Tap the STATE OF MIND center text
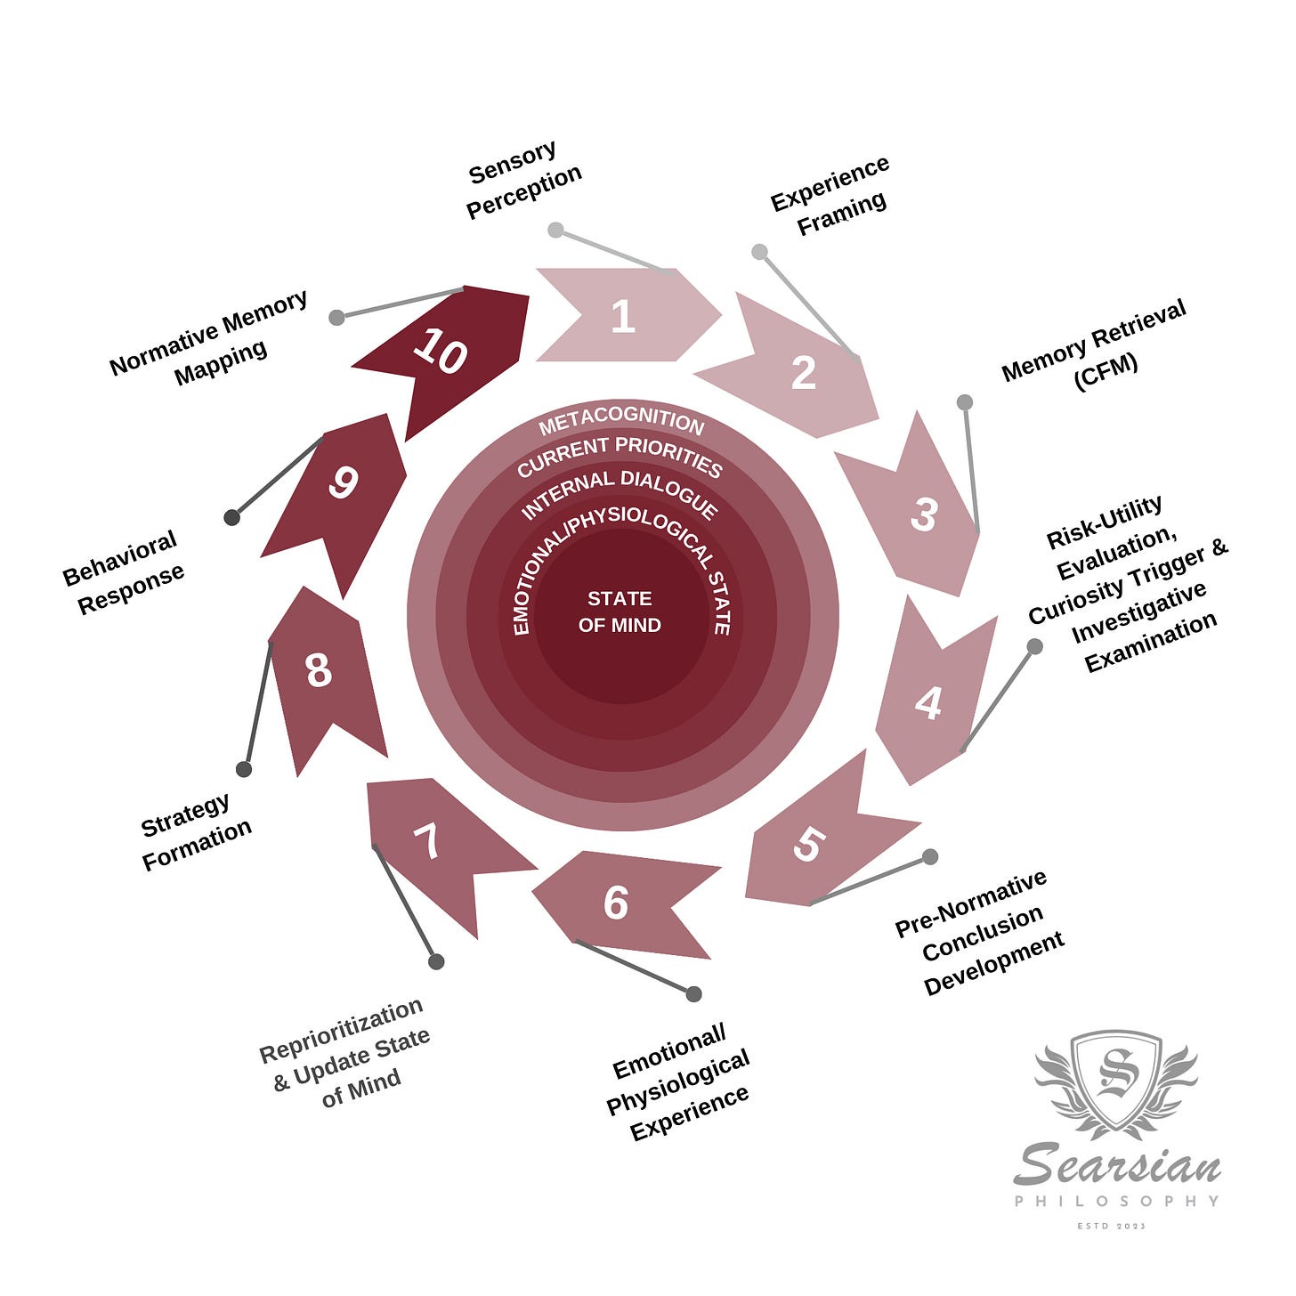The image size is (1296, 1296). tap(620, 612)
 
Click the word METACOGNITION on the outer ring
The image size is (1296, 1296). tap(621, 423)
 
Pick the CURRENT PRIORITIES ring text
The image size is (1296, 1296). tap(620, 456)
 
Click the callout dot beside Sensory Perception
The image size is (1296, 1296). tap(555, 230)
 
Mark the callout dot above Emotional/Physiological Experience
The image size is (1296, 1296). tap(694, 993)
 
